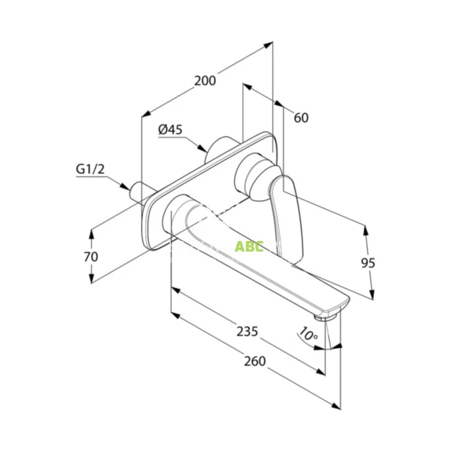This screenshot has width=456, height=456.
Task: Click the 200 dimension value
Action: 205,81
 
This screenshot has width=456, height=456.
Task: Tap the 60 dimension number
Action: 301,118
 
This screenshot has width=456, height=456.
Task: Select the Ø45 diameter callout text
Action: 170,129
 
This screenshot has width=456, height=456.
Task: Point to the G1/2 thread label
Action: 90,169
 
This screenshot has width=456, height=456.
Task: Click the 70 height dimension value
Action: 91,257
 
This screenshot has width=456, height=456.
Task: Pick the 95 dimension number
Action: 368,263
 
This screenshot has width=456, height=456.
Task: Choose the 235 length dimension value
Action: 247,331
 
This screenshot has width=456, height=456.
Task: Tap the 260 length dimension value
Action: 255,361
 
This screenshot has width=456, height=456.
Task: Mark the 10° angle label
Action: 309,334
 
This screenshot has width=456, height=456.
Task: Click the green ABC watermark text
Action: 249,246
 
